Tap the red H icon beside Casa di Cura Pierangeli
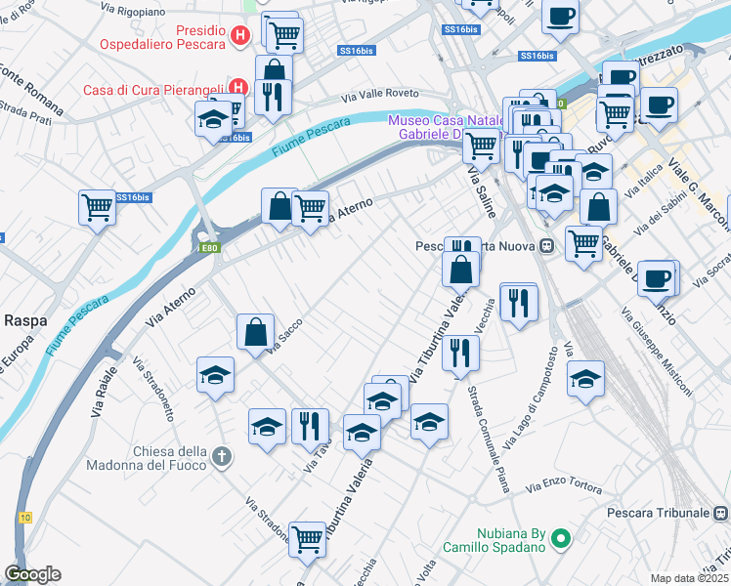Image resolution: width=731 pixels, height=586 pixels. [x=236, y=87]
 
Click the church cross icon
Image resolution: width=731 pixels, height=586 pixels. [x=223, y=456]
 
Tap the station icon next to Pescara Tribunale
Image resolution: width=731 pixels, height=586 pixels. [x=721, y=512]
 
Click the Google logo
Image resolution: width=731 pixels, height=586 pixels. [x=32, y=574]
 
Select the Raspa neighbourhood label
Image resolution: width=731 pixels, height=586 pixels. [x=21, y=318]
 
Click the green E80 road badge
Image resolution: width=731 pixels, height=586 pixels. [x=209, y=248]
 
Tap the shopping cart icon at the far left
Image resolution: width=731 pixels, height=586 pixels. [x=97, y=206]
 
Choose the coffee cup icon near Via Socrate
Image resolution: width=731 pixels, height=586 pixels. [x=657, y=277]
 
